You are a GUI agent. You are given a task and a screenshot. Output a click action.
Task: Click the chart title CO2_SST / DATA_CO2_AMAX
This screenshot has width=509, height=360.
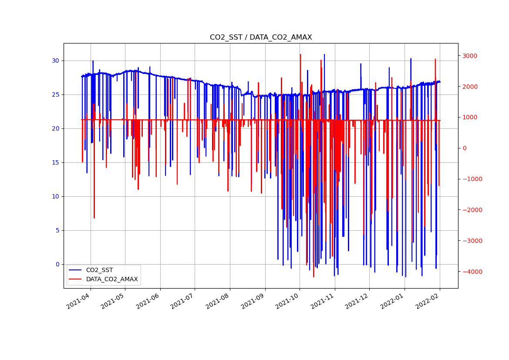point(261,37)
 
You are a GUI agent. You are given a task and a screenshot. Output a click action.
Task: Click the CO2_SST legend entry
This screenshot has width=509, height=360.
point(99,270)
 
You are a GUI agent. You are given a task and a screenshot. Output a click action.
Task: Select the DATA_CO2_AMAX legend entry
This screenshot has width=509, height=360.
point(111,279)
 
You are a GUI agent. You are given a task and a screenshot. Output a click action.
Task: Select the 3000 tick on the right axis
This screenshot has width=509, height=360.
point(470,56)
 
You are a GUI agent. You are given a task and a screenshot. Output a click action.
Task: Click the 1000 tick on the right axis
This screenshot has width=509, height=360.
point(470,118)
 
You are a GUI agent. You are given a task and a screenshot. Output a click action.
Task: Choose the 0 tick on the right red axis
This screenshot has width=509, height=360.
point(465,148)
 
